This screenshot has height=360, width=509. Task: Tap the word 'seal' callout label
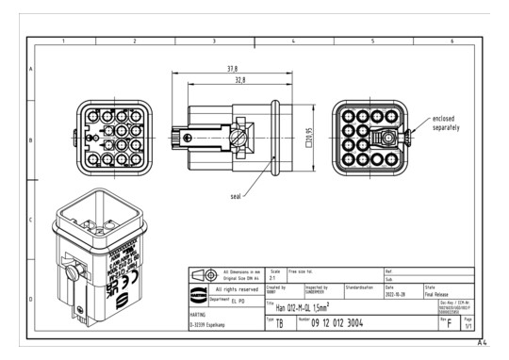[236, 195]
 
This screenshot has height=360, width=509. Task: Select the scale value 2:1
[274, 279]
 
